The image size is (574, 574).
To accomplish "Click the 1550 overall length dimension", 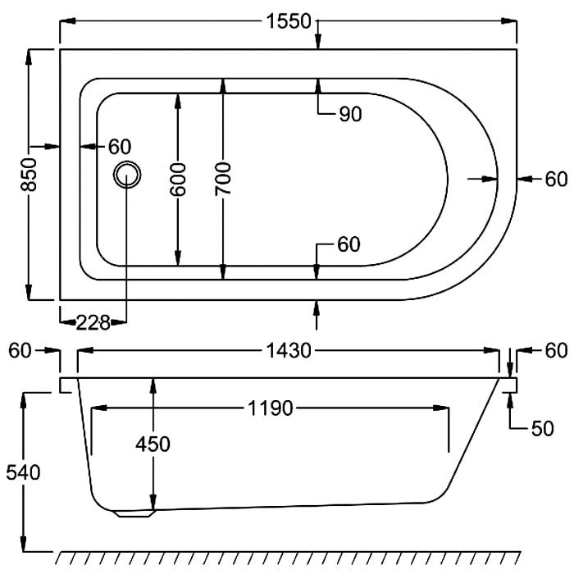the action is pyautogui.click(x=289, y=21).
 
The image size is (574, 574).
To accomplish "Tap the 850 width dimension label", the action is pyautogui.click(x=29, y=175).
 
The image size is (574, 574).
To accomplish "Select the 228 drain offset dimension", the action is pyautogui.click(x=93, y=323).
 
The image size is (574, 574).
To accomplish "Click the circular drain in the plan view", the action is pyautogui.click(x=127, y=175).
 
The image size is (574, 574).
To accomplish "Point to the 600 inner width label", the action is pyautogui.click(x=178, y=180).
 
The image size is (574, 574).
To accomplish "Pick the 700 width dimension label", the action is pyautogui.click(x=223, y=179).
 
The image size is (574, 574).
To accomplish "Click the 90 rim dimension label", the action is pyautogui.click(x=350, y=114).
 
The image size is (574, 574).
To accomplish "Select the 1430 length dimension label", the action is pyautogui.click(x=289, y=351).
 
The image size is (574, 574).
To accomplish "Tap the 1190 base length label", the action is pyautogui.click(x=271, y=408).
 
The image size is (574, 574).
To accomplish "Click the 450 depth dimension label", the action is pyautogui.click(x=153, y=444).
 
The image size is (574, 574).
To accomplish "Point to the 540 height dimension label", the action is pyautogui.click(x=23, y=472).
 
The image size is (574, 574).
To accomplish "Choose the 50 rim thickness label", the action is pyautogui.click(x=542, y=429).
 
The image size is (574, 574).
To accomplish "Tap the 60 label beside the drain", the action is pyautogui.click(x=120, y=147).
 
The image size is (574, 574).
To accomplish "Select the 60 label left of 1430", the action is pyautogui.click(x=20, y=351).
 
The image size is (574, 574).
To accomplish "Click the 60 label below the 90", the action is pyautogui.click(x=348, y=244).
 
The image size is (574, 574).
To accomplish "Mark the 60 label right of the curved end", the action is pyautogui.click(x=556, y=180).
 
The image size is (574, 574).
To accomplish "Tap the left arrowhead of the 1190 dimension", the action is pyautogui.click(x=99, y=408).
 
